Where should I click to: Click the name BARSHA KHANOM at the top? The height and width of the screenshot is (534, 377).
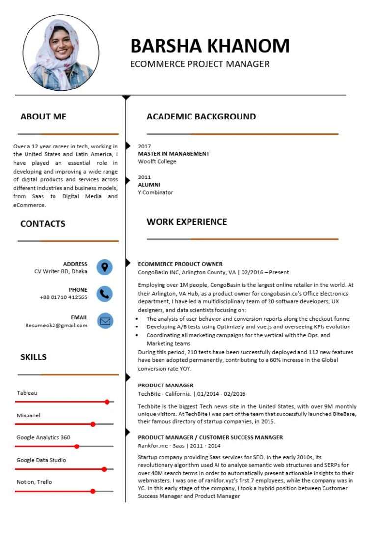click(210, 46)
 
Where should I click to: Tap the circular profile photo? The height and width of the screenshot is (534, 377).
click(61, 53)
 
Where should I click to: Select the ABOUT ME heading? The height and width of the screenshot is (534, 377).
click(43, 117)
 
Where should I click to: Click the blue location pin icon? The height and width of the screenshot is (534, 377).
click(105, 267)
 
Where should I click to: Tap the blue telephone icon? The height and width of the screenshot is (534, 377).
click(105, 294)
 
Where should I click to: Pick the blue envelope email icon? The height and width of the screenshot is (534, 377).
click(105, 321)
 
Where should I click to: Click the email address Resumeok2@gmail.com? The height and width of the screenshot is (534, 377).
click(56, 325)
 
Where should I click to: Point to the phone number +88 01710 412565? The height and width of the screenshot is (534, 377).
click(64, 297)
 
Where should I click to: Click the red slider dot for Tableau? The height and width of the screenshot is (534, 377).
click(107, 402)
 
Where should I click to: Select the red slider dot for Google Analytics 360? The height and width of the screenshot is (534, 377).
click(77, 446)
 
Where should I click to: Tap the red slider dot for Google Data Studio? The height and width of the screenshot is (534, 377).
click(104, 469)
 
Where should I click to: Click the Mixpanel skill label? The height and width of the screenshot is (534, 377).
click(28, 415)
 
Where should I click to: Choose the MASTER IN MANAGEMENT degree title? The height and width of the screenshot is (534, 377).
click(174, 154)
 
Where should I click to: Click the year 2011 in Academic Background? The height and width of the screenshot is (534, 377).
click(144, 177)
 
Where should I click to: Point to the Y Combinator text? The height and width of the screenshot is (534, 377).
click(156, 192)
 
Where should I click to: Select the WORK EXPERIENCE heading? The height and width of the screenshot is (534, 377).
click(187, 222)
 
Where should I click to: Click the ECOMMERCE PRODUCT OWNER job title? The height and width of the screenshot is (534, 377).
click(180, 264)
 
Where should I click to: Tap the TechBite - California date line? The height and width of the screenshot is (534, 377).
click(191, 394)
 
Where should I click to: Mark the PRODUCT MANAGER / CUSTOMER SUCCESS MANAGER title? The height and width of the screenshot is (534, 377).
click(210, 437)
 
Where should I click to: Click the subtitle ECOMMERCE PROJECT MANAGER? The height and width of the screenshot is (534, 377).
click(200, 64)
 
